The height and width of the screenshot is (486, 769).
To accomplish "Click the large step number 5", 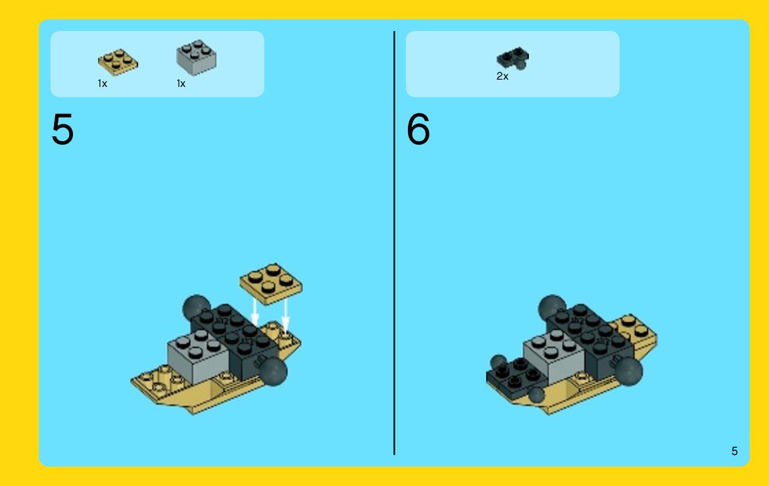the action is point(62,129).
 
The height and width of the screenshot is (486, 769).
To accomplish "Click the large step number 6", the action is point(418,129).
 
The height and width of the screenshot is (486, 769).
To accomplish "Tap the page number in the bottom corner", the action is point(734,451).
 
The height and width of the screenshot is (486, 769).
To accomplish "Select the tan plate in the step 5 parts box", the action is point(118,63).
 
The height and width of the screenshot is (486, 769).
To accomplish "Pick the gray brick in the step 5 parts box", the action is point(196,57).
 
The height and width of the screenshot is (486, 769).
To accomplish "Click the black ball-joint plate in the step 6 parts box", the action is point(513,59).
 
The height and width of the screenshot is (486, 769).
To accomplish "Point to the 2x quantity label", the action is point(502,76).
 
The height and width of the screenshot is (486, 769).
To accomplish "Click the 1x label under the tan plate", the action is point(102,84).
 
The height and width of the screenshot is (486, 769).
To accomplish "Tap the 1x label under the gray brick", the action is point(181,84).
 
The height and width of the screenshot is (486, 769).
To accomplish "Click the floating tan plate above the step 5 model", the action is point(271,284).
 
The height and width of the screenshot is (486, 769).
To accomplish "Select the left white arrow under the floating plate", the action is point(255,312).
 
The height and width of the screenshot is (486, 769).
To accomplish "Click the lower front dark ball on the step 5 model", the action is point(274,371).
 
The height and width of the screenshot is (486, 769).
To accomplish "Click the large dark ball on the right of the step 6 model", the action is point(629,371).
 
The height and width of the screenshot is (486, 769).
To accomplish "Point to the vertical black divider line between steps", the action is point(394,243).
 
